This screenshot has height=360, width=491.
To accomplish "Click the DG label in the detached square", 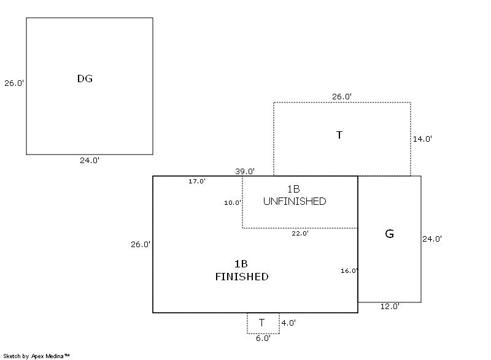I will [85, 79].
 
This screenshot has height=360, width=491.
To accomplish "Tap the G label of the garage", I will [389, 234].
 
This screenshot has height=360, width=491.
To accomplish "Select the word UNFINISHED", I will [294, 201].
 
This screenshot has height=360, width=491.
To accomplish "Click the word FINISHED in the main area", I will [241, 277].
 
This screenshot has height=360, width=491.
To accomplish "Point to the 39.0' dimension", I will [245, 171].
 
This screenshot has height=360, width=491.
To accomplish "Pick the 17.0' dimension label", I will [197, 181].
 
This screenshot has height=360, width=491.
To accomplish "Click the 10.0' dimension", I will [233, 202].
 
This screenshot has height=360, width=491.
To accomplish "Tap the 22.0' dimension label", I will [300, 233].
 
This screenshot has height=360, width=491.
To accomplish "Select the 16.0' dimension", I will [349, 270].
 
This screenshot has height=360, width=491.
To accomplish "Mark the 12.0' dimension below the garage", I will [390, 306].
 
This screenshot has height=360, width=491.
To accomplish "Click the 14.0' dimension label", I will [422, 139].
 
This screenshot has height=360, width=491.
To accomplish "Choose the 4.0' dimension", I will [288, 322].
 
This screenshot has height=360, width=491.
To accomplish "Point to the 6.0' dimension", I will [263, 338].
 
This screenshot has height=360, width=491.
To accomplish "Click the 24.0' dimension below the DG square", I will [90, 161].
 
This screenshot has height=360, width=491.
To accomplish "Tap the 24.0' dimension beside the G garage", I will [432, 239].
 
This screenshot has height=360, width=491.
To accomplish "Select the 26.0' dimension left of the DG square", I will [14, 83].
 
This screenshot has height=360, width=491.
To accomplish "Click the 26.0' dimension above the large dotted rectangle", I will [342, 96].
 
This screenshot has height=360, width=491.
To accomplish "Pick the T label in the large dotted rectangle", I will [339, 135].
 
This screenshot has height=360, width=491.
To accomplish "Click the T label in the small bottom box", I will [262, 323].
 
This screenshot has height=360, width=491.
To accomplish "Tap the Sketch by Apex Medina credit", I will [36, 355].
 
